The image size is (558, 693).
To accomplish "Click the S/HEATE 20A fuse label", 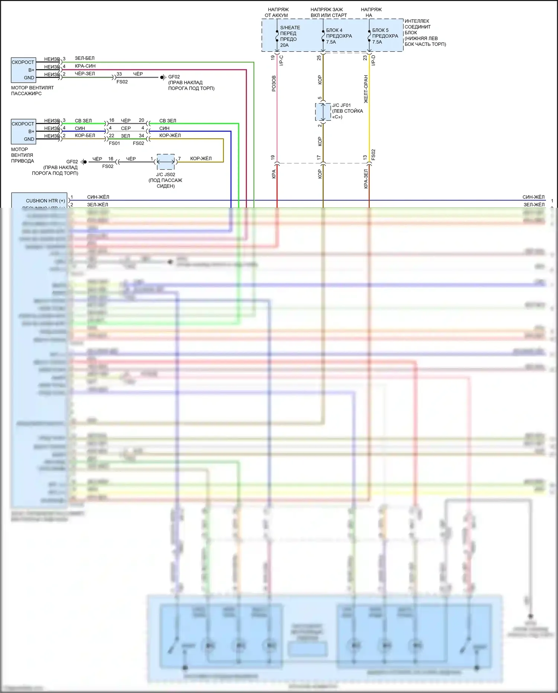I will (x=289, y=36).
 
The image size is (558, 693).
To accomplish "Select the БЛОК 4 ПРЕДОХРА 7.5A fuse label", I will (x=339, y=36).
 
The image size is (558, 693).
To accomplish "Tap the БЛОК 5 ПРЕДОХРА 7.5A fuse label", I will (x=385, y=36).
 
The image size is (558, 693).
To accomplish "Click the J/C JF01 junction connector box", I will (x=323, y=112).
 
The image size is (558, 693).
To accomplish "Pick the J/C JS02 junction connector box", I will (x=166, y=162).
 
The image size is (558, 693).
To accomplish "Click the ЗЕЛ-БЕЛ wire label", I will (x=84, y=58).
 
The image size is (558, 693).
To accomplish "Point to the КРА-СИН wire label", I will (x=85, y=66).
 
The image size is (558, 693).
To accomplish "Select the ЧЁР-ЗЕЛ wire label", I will (x=85, y=74).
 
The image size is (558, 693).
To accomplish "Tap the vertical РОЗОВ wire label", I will (x=274, y=83).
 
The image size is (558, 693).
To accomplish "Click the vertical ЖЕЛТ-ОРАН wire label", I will (x=366, y=89).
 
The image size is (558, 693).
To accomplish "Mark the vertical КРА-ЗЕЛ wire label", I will (x=366, y=179).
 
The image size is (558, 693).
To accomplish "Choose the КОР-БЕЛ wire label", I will (x=85, y=136).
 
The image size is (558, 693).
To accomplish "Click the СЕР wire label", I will (x=126, y=128).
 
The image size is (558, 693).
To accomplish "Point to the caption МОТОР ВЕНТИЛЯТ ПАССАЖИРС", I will (x=32, y=90).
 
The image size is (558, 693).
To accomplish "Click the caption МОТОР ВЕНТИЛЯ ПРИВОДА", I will (x=22, y=155).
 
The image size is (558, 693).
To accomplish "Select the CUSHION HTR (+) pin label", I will (x=45, y=201).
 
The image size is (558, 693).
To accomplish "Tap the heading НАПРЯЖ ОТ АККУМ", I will (x=277, y=12).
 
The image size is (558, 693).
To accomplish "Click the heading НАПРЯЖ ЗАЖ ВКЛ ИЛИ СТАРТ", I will (x=328, y=12).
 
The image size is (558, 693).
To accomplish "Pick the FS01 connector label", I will (x=114, y=143).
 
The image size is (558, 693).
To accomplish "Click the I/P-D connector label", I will (x=373, y=60).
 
